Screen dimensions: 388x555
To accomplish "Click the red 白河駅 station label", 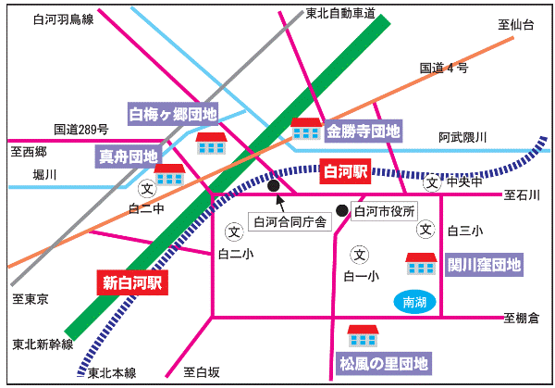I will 344,171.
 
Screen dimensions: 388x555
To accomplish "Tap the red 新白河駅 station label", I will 132,282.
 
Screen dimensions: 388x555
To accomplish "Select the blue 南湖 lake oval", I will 414,302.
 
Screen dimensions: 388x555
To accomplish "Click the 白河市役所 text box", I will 386,211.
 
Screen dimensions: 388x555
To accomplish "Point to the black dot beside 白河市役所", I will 342,210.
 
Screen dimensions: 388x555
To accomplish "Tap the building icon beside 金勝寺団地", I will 305,129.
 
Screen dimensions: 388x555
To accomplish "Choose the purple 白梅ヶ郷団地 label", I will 172,115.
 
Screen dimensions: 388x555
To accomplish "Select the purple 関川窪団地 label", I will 485,265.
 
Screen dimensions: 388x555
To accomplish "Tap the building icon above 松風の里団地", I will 362,335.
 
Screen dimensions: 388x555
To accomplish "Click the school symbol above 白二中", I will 145,188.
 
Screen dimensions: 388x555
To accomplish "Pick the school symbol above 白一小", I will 360,254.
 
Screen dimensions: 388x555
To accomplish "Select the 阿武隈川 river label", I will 462,138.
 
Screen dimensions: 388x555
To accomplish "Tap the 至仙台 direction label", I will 516,25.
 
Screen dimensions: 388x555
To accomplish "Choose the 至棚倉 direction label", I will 522,318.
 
